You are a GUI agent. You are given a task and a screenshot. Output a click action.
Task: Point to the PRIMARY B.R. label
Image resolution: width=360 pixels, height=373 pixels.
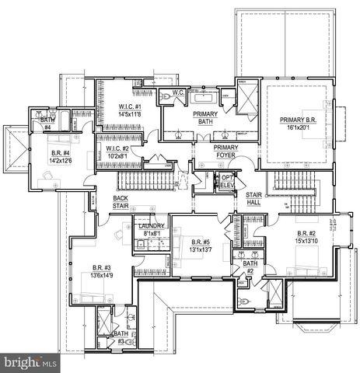[x=300, y=120]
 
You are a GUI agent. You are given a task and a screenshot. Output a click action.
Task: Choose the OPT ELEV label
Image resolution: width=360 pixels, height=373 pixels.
[x=227, y=180]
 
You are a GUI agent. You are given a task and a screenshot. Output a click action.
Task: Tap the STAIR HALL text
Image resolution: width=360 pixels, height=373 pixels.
[x=253, y=197]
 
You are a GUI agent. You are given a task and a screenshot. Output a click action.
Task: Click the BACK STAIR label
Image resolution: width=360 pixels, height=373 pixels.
[x=121, y=202]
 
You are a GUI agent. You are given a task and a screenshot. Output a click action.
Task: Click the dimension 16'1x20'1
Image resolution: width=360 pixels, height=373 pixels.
[x=300, y=128]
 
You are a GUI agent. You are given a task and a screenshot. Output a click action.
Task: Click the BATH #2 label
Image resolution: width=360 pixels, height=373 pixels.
[x=250, y=267]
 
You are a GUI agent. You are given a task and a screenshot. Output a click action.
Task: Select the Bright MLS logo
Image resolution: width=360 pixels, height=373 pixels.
[x=30, y=362]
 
